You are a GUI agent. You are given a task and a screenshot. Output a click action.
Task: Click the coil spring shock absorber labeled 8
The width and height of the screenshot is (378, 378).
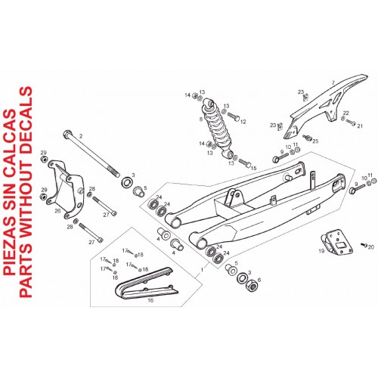(218, 128)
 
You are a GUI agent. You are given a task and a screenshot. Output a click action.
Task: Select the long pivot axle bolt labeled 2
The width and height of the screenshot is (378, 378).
(91, 154)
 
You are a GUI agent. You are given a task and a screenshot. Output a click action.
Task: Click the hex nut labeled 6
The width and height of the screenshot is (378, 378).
(253, 286)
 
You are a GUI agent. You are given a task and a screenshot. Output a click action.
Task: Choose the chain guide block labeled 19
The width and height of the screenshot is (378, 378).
(337, 242)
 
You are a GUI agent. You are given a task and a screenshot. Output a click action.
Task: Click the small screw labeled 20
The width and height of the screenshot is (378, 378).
(364, 244)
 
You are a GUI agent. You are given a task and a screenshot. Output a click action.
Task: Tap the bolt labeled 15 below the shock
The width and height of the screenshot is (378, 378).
(244, 163)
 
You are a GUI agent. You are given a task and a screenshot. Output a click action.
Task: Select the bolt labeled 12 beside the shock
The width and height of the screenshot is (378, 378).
(234, 116)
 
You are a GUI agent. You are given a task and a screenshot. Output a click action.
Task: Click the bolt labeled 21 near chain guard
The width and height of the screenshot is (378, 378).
(351, 122)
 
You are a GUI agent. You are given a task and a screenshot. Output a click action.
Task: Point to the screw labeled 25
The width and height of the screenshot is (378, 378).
(308, 138)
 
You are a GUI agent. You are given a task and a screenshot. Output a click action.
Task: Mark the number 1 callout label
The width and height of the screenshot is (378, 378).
(202, 270)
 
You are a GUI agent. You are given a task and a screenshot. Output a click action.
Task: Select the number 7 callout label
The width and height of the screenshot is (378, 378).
(333, 82)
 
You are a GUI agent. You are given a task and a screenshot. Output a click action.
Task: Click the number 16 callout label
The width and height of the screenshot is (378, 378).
(150, 300)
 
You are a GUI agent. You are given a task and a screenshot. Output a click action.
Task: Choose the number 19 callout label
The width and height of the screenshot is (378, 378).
(321, 251)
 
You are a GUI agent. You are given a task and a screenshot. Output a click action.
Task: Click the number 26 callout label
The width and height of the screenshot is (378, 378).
(57, 211)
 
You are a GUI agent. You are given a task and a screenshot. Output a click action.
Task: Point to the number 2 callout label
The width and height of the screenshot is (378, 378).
(81, 136)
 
